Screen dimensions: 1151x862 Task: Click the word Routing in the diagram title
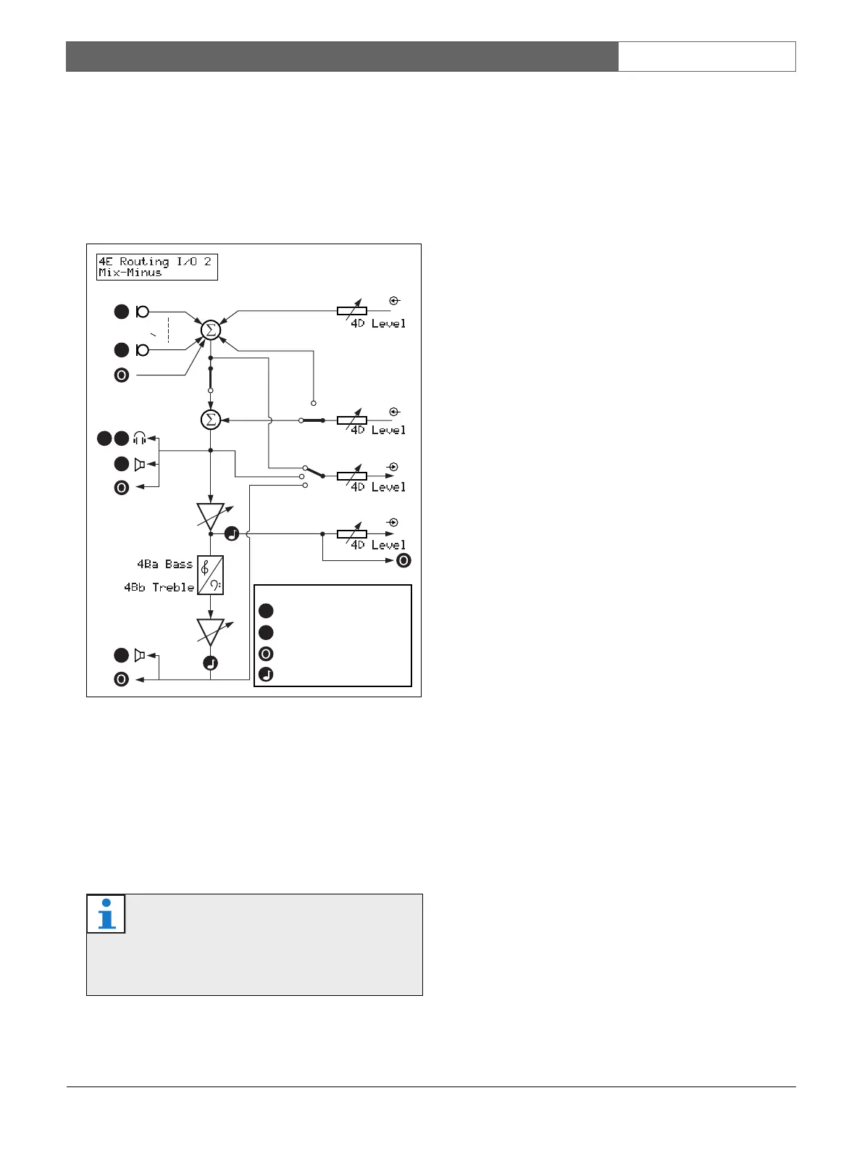[x=144, y=262]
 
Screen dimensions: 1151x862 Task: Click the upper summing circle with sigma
[x=210, y=331]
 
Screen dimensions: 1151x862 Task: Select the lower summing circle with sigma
[x=210, y=420]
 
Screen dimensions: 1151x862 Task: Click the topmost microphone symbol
[x=143, y=312]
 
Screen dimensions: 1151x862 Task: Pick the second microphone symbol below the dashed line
[x=143, y=350]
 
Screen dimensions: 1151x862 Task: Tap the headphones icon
[x=140, y=439]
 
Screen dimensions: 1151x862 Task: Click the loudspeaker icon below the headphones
[x=140, y=464]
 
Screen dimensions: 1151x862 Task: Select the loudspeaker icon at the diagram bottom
[x=140, y=655]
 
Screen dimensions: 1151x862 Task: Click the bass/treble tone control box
[x=211, y=575]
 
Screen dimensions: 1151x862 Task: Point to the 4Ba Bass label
[x=165, y=564]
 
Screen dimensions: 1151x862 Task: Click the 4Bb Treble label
[x=159, y=587]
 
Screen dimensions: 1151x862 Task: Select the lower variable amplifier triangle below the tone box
[x=211, y=631]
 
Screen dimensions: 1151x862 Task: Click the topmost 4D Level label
[x=378, y=324]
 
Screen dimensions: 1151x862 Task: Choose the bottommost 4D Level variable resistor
[x=352, y=534]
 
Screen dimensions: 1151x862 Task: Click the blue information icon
[x=106, y=913]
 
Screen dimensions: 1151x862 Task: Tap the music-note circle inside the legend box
[x=266, y=675]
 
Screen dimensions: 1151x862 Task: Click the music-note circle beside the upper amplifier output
[x=231, y=534]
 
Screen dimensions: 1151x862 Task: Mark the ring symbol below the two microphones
[x=122, y=375]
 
